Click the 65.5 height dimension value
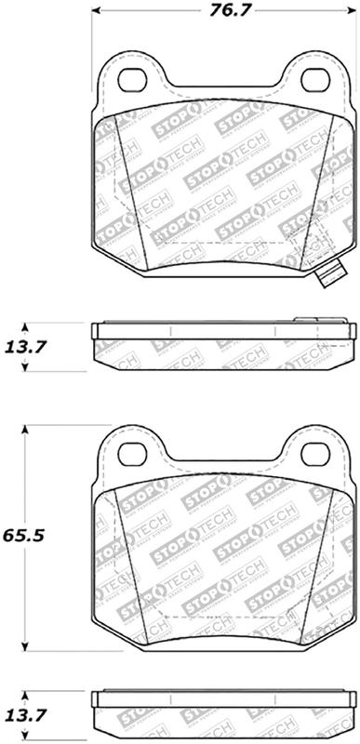(x=24, y=537)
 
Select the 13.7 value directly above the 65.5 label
(x=24, y=348)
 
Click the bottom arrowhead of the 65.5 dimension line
(x=25, y=644)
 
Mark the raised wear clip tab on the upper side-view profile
(x=308, y=323)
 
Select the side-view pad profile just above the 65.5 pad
(x=223, y=346)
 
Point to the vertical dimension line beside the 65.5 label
(x=25, y=484)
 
